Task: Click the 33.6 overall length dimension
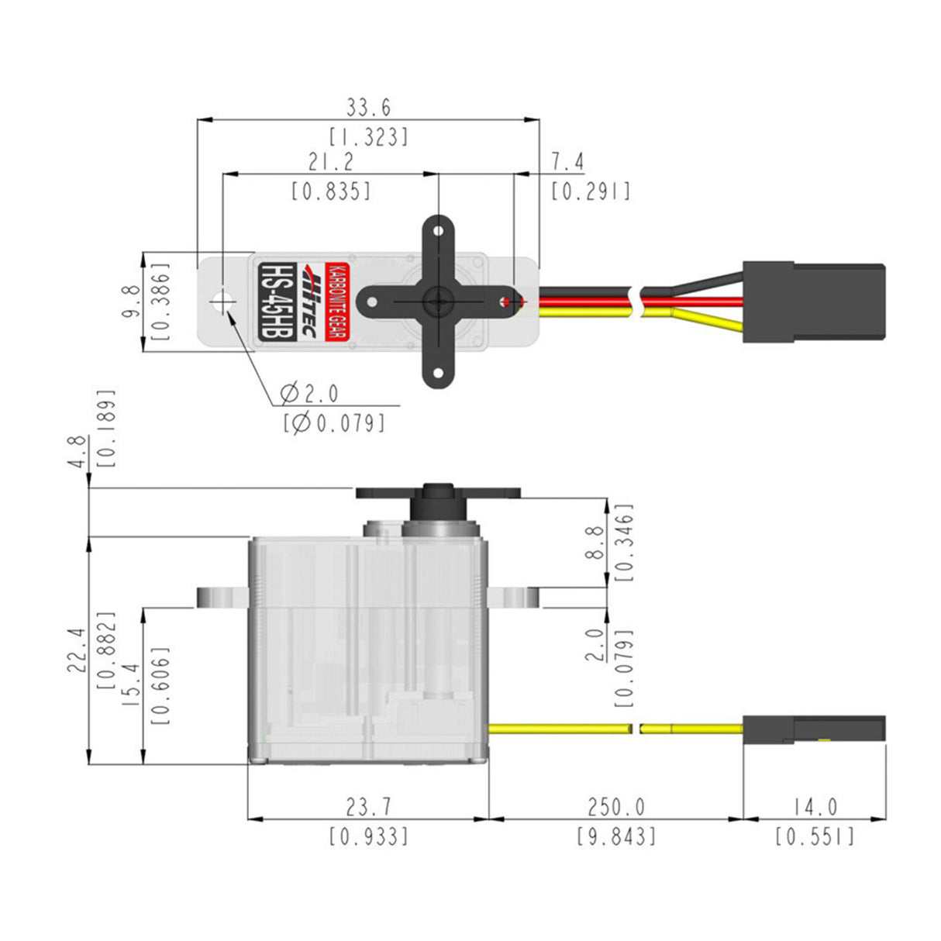pyautogui.click(x=368, y=107)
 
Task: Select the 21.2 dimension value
pyautogui.click(x=330, y=161)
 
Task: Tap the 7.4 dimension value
pyautogui.click(x=567, y=161)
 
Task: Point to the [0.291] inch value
pyautogui.click(x=591, y=191)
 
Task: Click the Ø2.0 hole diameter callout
pyautogui.click(x=309, y=394)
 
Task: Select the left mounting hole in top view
pyautogui.click(x=223, y=301)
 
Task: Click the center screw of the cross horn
pyautogui.click(x=438, y=299)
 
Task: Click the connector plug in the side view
pyautogui.click(x=814, y=729)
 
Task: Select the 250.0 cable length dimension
pyautogui.click(x=615, y=807)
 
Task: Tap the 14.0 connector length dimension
pyautogui.click(x=815, y=807)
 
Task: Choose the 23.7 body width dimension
pyautogui.click(x=368, y=807)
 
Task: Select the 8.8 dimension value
pyautogui.click(x=595, y=543)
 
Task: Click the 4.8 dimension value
pyautogui.click(x=76, y=451)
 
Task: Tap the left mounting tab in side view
pyautogui.click(x=222, y=597)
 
